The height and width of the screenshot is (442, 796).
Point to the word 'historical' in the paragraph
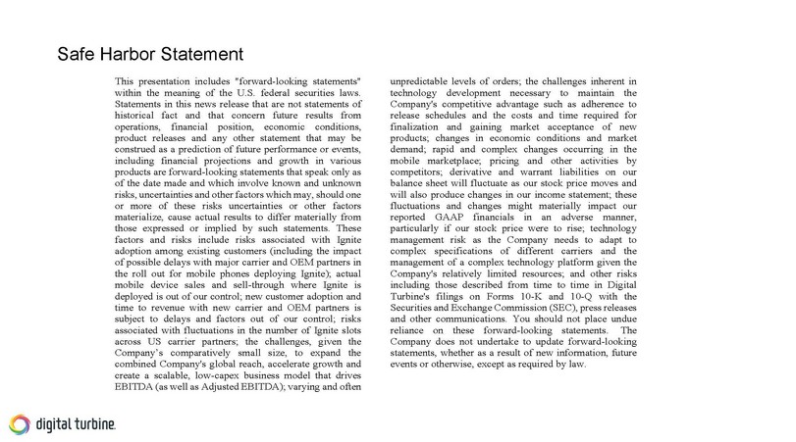point(137,117)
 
